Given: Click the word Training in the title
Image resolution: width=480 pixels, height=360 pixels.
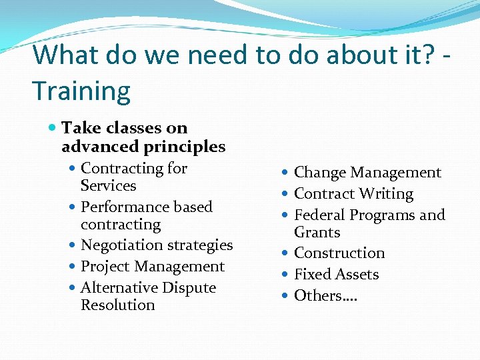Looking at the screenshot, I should click(x=81, y=91).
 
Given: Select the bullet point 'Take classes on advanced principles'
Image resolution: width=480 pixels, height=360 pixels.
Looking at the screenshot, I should click(x=143, y=137).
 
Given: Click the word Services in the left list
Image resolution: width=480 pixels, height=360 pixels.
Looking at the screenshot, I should click(x=108, y=186).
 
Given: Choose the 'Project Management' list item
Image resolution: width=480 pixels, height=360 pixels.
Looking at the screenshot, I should click(x=153, y=267).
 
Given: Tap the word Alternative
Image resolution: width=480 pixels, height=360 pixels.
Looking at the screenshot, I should click(x=120, y=288).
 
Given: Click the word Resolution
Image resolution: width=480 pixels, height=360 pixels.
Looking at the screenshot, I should click(x=117, y=305).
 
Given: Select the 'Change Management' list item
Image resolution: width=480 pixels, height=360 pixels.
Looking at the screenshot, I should click(x=367, y=173).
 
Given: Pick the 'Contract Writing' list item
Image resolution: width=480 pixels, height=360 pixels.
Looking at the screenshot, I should click(x=353, y=194).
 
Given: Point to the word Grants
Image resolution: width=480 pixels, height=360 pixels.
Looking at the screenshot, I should click(x=317, y=233).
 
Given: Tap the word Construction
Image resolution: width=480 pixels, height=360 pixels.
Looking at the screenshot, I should click(x=339, y=253).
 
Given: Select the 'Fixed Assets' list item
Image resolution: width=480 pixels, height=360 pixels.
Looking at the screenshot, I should click(x=336, y=275).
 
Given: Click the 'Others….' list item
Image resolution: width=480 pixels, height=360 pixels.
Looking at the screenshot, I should click(x=325, y=296).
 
